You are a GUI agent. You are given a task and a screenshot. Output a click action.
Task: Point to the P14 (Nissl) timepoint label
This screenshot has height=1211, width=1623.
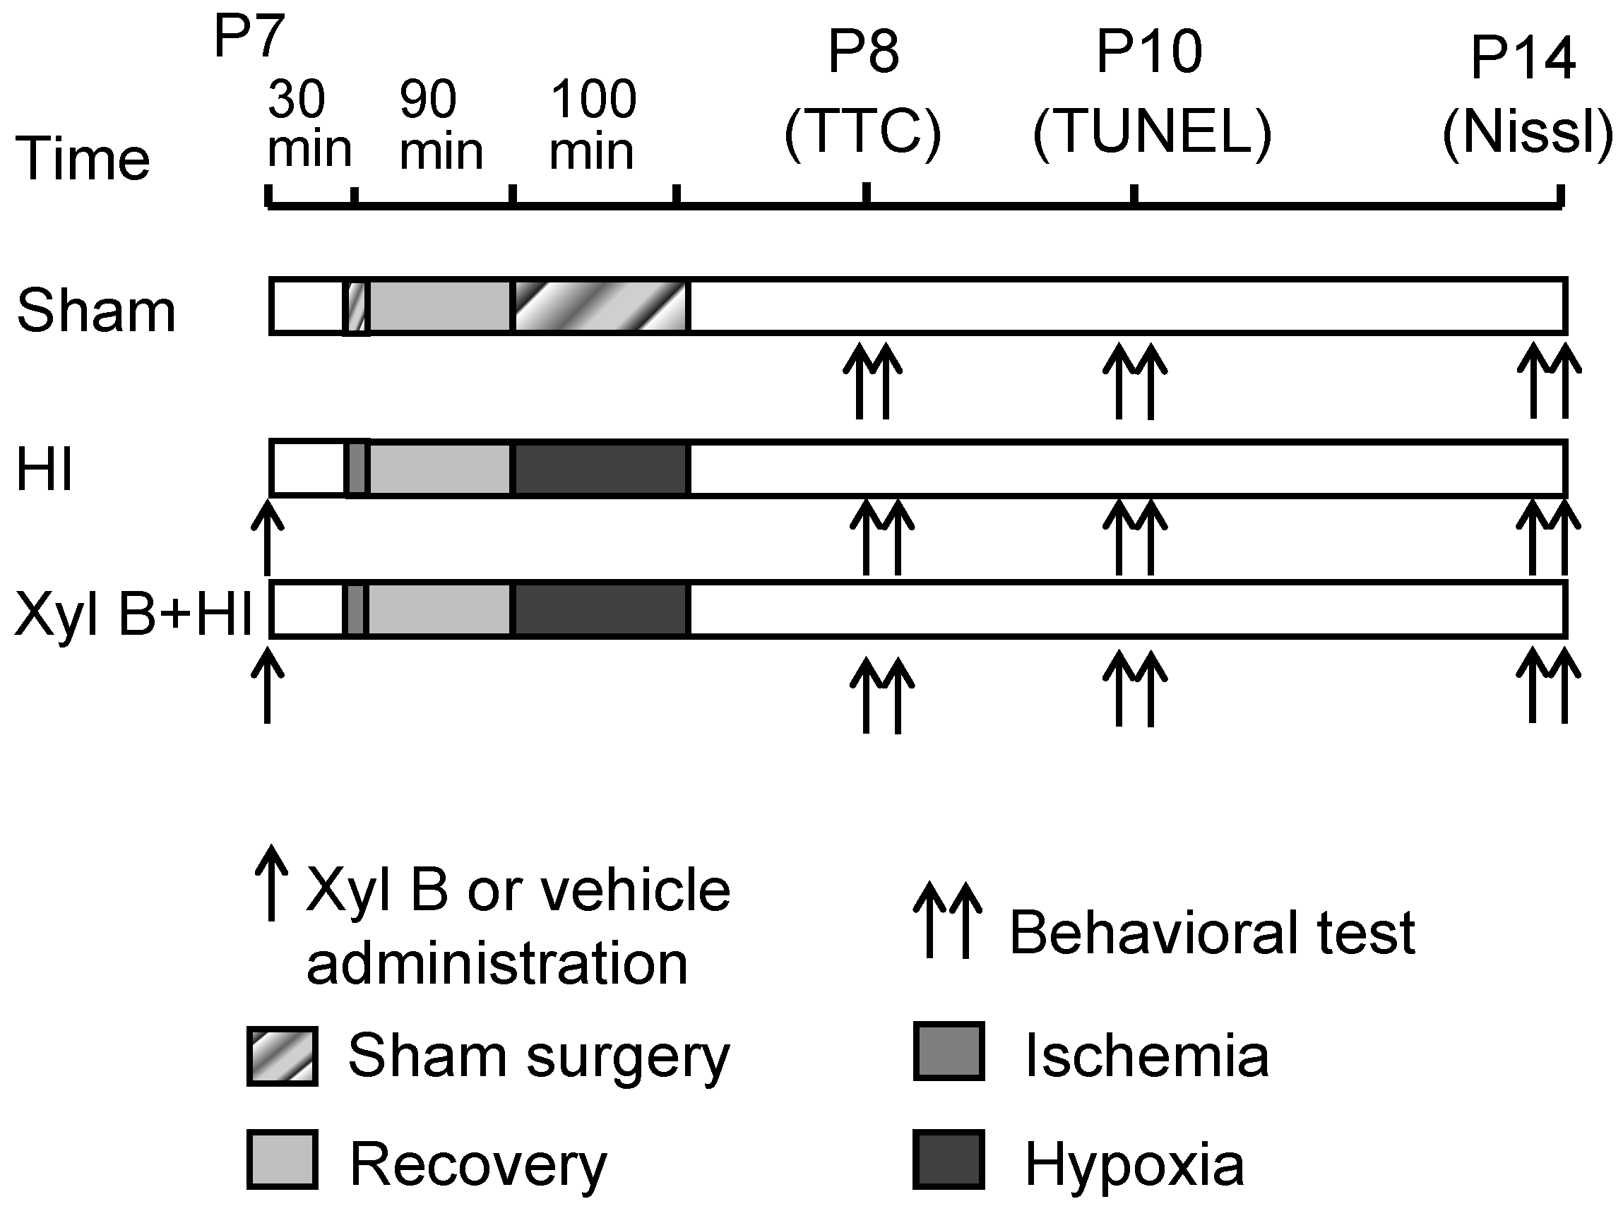[x=1526, y=95]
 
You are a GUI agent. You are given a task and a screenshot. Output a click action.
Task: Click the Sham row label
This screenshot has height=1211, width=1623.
[x=96, y=311]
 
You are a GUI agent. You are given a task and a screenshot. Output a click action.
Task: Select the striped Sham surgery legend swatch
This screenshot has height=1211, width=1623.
[x=283, y=1056]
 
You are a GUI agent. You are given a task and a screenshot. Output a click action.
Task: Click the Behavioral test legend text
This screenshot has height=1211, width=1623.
[x=1212, y=933]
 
